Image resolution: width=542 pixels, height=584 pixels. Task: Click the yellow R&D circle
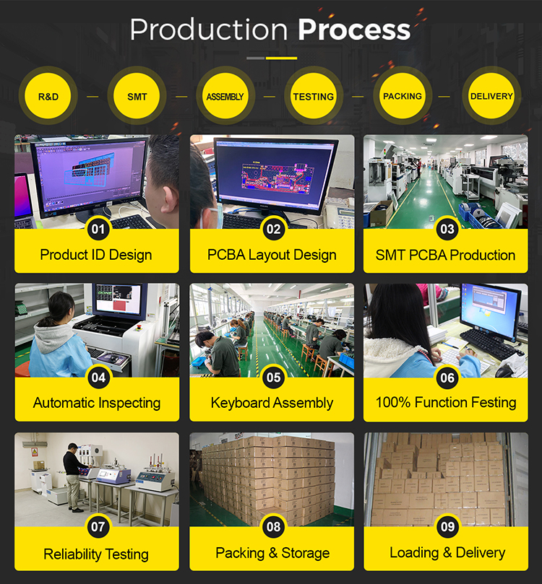tap(48, 96)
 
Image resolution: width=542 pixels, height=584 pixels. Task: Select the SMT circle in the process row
tap(137, 96)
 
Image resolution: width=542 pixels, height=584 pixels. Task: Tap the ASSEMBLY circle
tap(225, 96)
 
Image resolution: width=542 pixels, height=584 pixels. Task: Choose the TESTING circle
tap(314, 96)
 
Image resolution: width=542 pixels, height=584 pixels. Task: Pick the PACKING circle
tap(403, 96)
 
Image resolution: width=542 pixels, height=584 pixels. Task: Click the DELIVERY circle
tap(491, 96)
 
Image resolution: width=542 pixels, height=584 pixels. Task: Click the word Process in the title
tap(354, 30)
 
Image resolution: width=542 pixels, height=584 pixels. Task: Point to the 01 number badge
tap(98, 229)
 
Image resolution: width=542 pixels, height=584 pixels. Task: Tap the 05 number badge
tap(274, 378)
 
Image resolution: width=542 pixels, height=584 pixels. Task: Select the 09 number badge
tap(447, 526)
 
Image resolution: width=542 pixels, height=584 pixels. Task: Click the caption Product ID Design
tap(96, 255)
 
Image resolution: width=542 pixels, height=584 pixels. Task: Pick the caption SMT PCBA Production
tap(445, 255)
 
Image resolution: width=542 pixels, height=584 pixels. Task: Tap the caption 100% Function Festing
tap(446, 403)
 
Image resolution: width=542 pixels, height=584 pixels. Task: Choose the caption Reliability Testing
tap(96, 554)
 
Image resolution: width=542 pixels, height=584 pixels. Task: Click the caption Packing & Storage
tap(272, 553)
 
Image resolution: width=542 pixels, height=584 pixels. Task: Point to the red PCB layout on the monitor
tap(276, 178)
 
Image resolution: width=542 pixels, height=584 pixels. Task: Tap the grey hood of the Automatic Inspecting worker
tap(52, 336)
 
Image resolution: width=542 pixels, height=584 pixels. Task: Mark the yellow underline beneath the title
tap(281, 58)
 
